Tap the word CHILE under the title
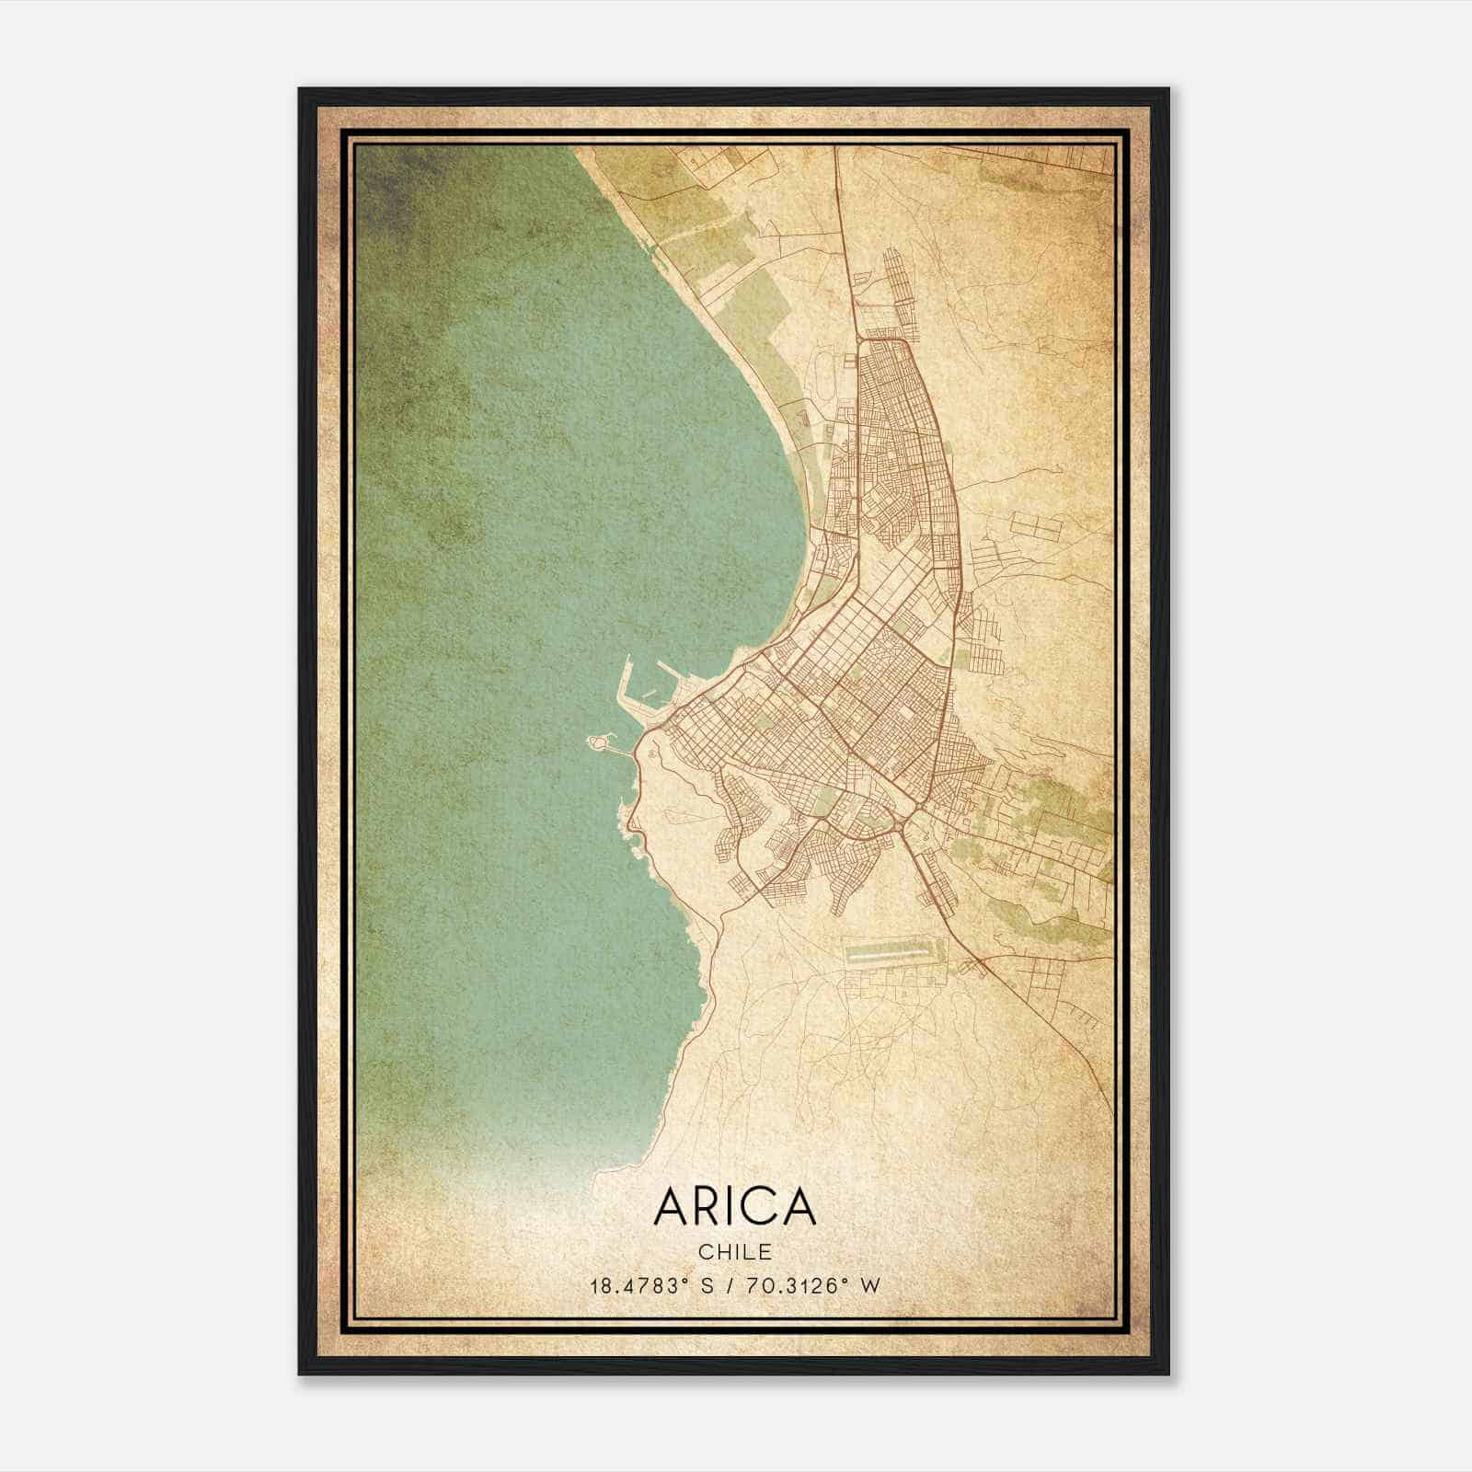pos(734,1252)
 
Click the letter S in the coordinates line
pos(707,1286)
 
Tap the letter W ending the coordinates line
pos(870,1286)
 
